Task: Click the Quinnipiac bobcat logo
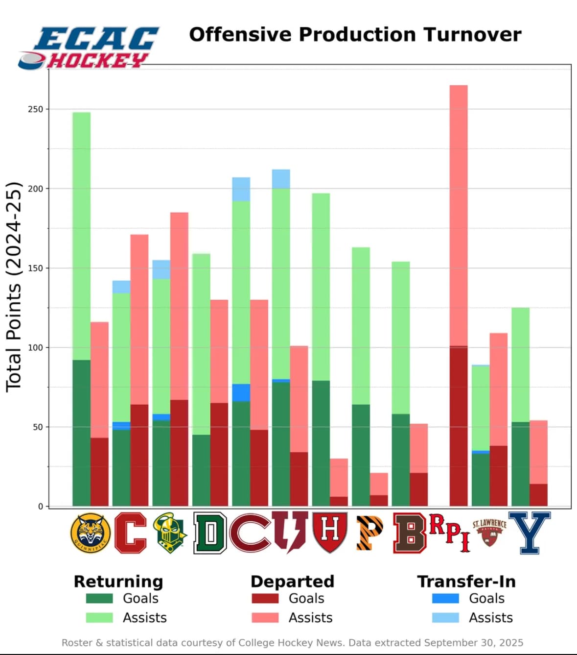tap(90, 533)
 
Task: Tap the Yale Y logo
tap(530, 533)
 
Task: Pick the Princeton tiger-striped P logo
tap(369, 533)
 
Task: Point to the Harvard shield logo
tap(330, 533)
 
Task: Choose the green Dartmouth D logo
tap(210, 533)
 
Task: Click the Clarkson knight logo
tap(170, 533)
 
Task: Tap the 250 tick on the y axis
tap(36, 109)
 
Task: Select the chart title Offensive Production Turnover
tap(355, 35)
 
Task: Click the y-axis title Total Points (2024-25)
tap(14, 287)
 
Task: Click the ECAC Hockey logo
tap(88, 48)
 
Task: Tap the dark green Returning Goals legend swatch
tap(99, 599)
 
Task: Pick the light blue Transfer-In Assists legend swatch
tap(445, 618)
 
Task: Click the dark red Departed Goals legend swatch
tap(265, 599)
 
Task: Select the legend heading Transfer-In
tap(466, 582)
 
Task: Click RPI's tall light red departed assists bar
tap(459, 216)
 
